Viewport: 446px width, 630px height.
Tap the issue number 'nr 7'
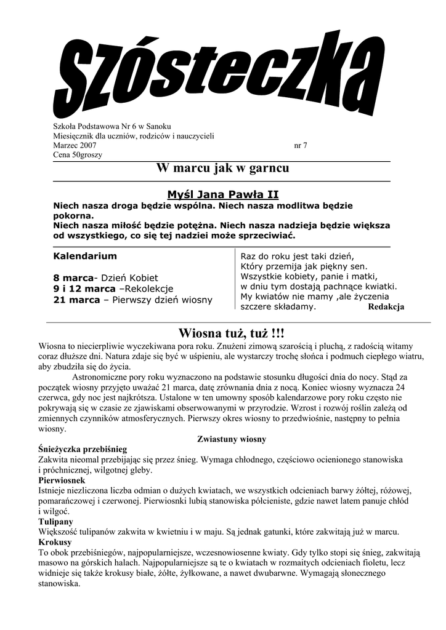click(301, 146)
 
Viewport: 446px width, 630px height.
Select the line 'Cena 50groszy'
click(78, 155)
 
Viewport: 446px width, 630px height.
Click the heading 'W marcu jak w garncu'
click(222, 168)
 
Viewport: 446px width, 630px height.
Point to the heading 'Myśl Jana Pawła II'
click(222, 194)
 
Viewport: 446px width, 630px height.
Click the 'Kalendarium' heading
click(85, 255)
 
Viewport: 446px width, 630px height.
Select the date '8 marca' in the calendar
click(73, 278)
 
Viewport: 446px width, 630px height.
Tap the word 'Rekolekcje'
click(149, 289)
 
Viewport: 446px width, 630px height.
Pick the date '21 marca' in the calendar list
click(76, 300)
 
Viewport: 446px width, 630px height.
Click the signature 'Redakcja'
click(386, 307)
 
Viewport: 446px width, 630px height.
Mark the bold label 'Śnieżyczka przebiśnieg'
click(83, 449)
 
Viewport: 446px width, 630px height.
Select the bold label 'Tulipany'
click(55, 521)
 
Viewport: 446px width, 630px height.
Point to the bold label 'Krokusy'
click(55, 542)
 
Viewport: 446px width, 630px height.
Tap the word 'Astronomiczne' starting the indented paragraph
click(101, 377)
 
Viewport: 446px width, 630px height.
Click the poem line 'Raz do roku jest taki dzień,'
click(298, 256)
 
